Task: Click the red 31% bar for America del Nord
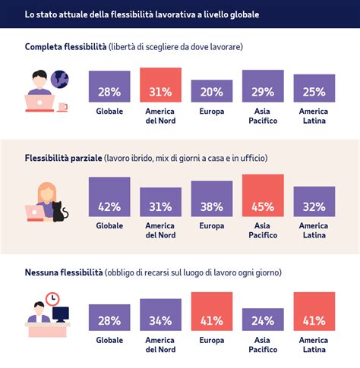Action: tap(160, 85)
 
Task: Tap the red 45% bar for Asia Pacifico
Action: tap(263, 197)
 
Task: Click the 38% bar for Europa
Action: tap(212, 200)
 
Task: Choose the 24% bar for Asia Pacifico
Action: tap(263, 319)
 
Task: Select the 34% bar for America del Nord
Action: tap(160, 315)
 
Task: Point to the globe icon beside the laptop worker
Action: tap(60, 78)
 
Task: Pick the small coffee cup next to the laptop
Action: tap(62, 107)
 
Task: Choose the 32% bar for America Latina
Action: tap(314, 203)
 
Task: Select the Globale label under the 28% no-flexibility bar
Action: tap(109, 341)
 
